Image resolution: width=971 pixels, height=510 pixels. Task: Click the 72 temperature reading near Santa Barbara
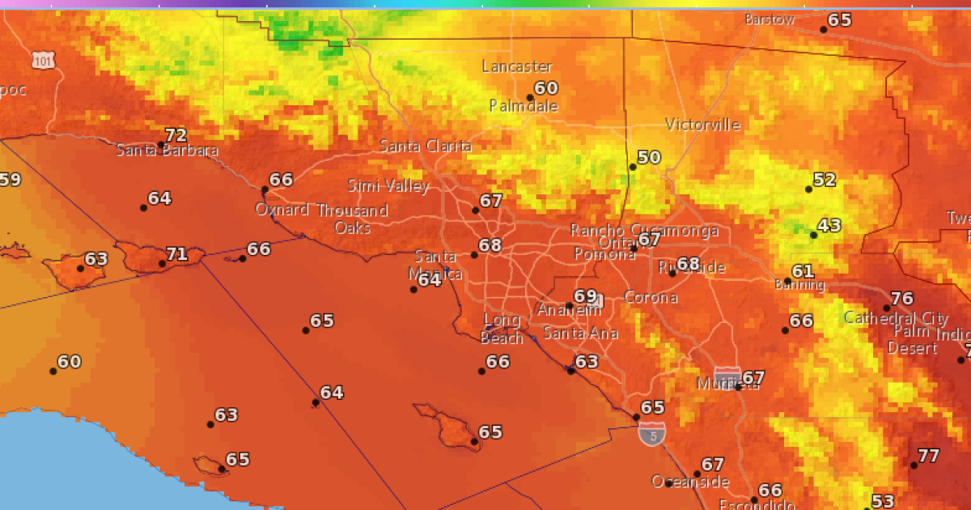176,135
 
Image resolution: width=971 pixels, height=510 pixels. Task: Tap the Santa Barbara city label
167,151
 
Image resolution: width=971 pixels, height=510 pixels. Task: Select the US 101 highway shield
44,59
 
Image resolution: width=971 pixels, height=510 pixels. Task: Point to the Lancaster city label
517,66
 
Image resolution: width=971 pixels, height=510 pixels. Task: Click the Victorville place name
702,125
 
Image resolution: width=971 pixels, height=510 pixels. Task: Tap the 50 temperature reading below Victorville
649,157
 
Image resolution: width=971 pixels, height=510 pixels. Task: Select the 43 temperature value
829,226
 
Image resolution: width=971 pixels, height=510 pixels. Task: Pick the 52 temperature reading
824,180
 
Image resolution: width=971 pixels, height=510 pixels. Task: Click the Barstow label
770,19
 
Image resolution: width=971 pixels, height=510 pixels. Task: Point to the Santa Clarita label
426,147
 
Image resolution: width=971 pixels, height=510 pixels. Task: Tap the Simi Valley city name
388,186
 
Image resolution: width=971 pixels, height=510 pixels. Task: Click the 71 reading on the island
176,254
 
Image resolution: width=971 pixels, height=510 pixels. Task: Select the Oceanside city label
685,482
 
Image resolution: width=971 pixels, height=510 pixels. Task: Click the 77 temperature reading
928,456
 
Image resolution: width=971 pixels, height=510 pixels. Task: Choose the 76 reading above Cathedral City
901,299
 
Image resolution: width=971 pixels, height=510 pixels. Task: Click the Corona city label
651,297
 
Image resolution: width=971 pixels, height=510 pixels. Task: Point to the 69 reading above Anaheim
584,296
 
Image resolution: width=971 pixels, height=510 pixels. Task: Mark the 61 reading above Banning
803,271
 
